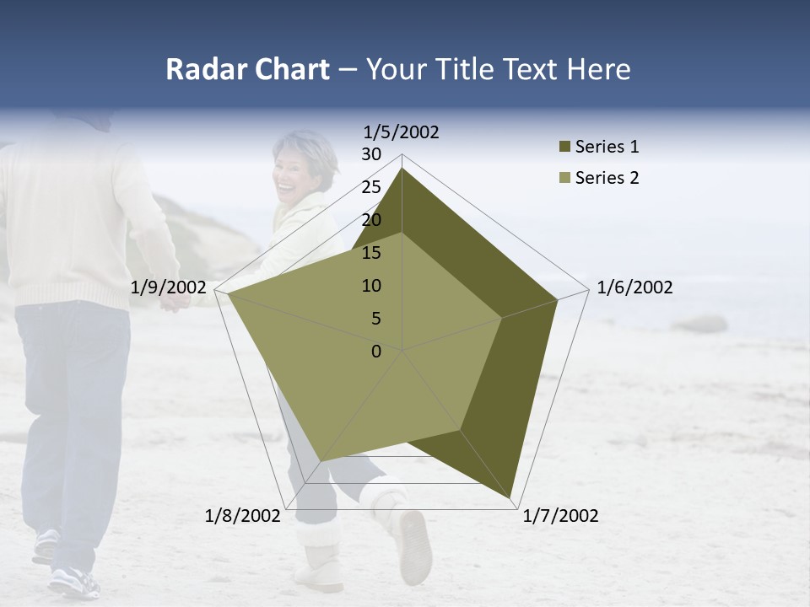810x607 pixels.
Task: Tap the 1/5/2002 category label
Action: click(402, 132)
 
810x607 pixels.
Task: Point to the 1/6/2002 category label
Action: click(634, 287)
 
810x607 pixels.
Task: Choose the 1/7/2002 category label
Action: click(560, 516)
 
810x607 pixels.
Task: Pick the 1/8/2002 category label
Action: click(243, 516)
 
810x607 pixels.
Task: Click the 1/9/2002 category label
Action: click(169, 287)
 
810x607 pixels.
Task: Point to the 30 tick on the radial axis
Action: click(371, 154)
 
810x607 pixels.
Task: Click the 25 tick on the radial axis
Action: click(371, 187)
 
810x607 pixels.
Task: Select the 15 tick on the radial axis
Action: click(371, 253)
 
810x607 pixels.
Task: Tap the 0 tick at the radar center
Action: click(376, 352)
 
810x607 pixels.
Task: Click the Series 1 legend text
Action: click(607, 147)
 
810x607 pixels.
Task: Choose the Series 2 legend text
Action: click(607, 178)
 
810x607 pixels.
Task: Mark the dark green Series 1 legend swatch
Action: click(564, 148)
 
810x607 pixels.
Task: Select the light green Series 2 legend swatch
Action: click(564, 179)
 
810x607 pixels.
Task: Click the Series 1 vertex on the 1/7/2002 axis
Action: click(510, 497)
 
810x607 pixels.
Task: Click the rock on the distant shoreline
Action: click(699, 324)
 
